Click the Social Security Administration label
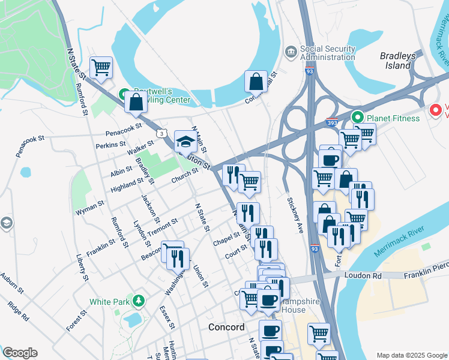tap(328, 52)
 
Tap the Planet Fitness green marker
tap(358, 118)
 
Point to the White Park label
tap(108, 301)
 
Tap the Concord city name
tap(226, 327)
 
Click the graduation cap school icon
tap(185, 142)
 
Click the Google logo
tap(20, 353)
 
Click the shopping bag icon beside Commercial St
tap(256, 81)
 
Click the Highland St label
tap(127, 184)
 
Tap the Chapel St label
tap(227, 238)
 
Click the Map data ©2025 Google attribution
tap(411, 355)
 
